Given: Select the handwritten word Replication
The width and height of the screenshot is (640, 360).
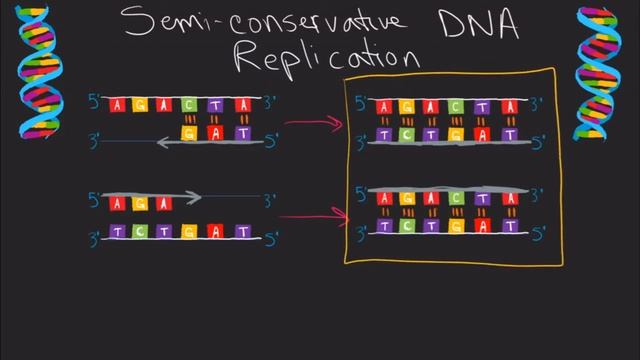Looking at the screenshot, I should (326, 55).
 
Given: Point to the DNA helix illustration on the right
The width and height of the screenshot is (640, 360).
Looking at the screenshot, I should (603, 71).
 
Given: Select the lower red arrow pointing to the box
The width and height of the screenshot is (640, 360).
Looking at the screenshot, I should (310, 214).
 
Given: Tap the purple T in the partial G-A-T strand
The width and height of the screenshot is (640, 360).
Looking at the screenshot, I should (241, 132).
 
